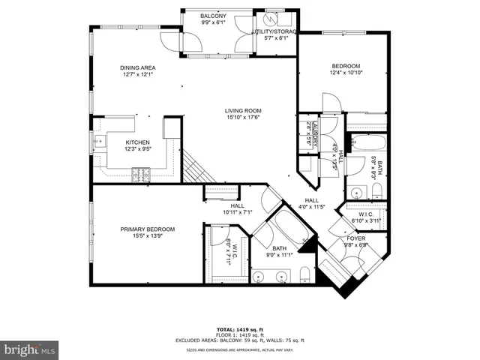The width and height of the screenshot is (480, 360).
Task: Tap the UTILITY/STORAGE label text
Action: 277,31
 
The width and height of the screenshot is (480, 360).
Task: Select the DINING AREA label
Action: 137,68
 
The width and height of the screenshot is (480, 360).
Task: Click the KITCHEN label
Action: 137,142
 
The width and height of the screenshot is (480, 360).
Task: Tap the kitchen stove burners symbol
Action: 140,175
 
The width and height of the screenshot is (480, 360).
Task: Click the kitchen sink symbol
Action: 97,142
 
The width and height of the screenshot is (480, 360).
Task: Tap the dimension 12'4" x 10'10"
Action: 346,73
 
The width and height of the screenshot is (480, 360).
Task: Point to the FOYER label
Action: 355,238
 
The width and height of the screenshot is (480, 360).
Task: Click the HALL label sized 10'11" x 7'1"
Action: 237,206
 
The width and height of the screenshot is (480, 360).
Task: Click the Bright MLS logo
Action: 30,349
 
